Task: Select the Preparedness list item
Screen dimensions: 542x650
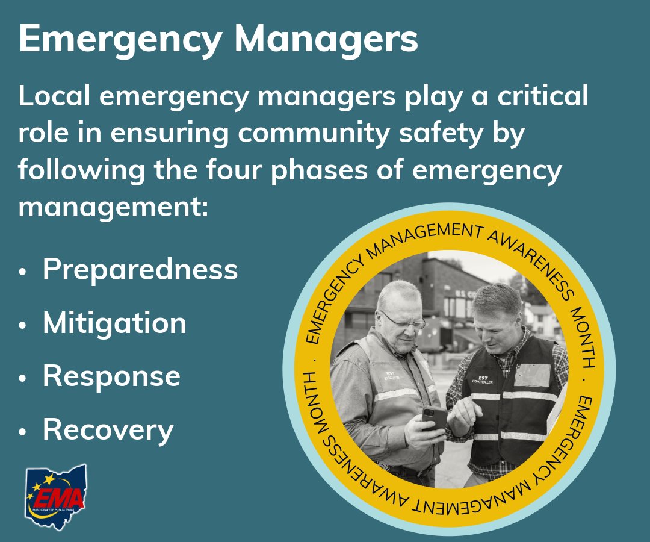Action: pos(140,270)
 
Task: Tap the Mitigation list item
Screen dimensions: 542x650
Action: pos(114,323)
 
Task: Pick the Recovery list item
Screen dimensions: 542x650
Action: pos(108,430)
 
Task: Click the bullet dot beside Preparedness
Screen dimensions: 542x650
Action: pos(23,272)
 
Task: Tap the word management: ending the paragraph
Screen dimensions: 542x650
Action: pos(113,207)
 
